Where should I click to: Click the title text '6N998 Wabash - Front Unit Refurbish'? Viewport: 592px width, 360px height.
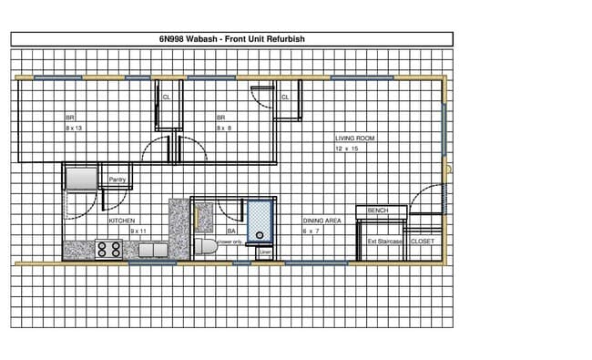[231, 39]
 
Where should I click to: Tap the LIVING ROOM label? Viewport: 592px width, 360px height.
[354, 139]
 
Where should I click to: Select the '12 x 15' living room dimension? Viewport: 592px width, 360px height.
[348, 149]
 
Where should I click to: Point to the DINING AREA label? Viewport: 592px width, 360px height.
[322, 221]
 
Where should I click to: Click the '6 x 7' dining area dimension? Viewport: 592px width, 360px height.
[312, 231]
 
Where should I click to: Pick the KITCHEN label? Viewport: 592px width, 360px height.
[122, 221]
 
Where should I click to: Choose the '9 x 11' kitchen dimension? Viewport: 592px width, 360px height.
[139, 231]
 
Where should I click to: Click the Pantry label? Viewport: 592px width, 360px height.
[117, 180]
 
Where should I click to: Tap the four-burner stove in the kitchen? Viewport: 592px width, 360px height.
[109, 249]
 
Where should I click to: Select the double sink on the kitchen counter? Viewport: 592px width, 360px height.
[153, 249]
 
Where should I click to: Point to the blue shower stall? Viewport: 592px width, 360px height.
[261, 221]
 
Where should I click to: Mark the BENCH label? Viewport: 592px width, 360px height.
[377, 211]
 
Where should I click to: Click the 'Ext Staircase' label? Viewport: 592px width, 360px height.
[383, 242]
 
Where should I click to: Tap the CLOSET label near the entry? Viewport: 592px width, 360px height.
[422, 242]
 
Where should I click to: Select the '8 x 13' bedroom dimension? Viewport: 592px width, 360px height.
[73, 129]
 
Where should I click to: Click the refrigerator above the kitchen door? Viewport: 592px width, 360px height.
[80, 177]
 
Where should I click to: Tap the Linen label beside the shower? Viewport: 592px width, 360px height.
[265, 252]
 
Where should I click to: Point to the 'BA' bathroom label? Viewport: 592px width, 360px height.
[232, 231]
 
